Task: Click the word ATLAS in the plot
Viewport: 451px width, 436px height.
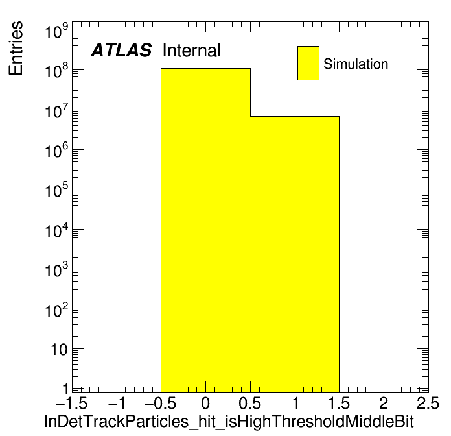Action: tap(121, 50)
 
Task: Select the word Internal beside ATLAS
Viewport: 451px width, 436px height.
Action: tap(192, 50)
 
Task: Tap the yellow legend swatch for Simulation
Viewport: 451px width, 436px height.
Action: tap(308, 63)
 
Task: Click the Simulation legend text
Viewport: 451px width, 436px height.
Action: tap(356, 64)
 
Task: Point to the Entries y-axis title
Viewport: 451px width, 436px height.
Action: tap(16, 48)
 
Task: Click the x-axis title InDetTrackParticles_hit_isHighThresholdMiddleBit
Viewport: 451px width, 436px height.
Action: tap(229, 422)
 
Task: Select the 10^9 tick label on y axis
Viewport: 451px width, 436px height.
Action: tap(56, 30)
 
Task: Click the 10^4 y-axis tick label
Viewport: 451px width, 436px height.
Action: tap(56, 230)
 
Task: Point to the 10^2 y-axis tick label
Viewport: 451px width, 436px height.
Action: tap(56, 309)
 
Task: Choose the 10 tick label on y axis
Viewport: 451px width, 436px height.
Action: tap(59, 350)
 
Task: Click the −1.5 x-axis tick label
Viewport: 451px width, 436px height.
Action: tap(71, 403)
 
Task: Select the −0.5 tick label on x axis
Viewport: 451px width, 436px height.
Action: tap(161, 403)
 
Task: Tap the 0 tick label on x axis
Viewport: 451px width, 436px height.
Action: tap(205, 403)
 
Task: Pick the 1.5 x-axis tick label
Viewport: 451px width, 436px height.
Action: tap(339, 403)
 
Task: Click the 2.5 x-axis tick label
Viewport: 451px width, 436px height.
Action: tap(428, 403)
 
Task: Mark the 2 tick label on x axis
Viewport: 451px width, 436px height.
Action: tap(384, 403)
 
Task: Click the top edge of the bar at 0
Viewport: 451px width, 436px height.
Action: tap(205, 69)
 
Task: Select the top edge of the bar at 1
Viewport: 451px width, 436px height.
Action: tap(295, 116)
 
